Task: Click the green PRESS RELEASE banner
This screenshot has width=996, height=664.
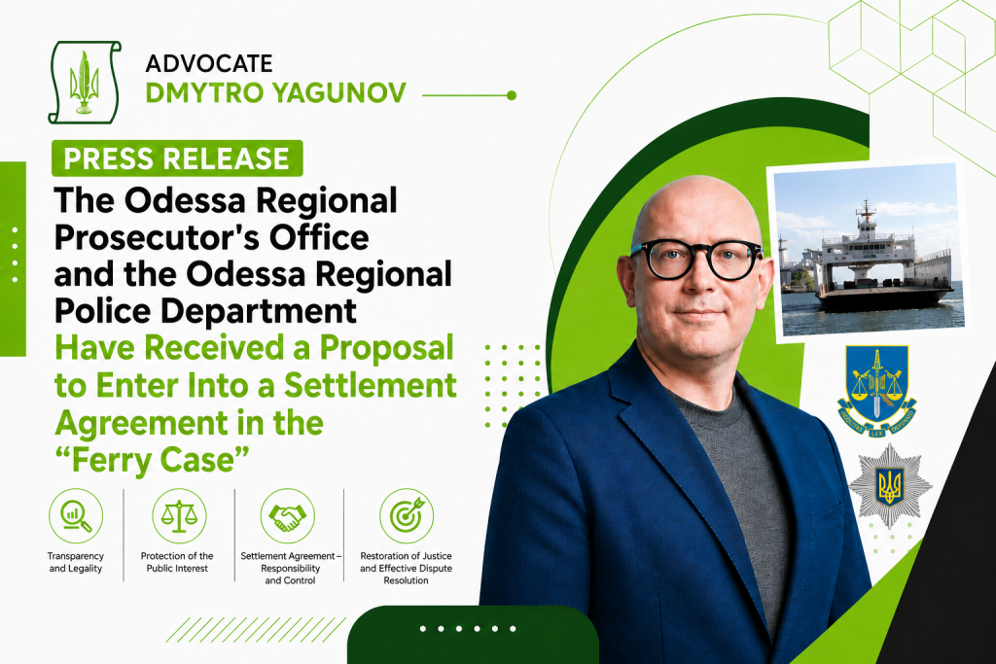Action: pyautogui.click(x=177, y=158)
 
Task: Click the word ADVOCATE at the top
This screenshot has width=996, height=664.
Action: pyautogui.click(x=209, y=63)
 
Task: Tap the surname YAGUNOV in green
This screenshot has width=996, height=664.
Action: pyautogui.click(x=339, y=92)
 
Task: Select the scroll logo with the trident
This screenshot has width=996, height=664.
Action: pyautogui.click(x=84, y=82)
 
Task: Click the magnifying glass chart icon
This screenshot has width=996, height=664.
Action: pyautogui.click(x=76, y=516)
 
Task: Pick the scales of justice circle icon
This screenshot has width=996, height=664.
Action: pyautogui.click(x=179, y=516)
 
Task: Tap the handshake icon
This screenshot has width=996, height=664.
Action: pyautogui.click(x=288, y=516)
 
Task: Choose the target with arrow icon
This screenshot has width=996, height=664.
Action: pyautogui.click(x=407, y=516)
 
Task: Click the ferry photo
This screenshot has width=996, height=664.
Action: pyautogui.click(x=868, y=252)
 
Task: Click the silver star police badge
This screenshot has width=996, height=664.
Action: pyautogui.click(x=890, y=486)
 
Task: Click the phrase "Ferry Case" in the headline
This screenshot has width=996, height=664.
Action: pyautogui.click(x=152, y=460)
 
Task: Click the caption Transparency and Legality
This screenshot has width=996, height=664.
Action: pyautogui.click(x=76, y=562)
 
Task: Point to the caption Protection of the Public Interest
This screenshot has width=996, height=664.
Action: pyautogui.click(x=177, y=562)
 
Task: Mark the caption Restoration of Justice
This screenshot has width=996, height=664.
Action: pyautogui.click(x=406, y=556)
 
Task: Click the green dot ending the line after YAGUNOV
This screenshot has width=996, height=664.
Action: pyautogui.click(x=512, y=96)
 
